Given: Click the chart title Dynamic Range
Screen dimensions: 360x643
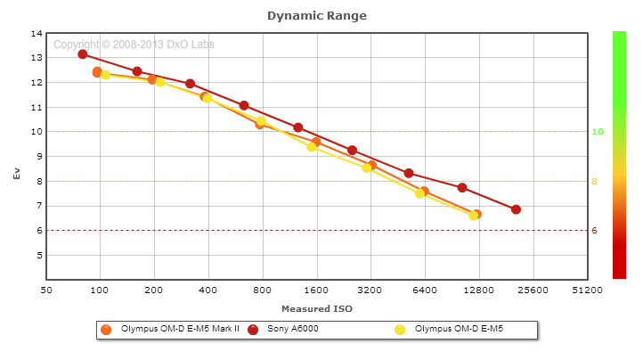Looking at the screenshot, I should (x=316, y=15).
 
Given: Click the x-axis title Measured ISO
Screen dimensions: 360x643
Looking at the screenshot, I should (x=316, y=308).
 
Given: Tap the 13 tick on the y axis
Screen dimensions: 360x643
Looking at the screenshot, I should (x=37, y=58).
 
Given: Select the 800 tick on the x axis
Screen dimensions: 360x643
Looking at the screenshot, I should (x=262, y=290).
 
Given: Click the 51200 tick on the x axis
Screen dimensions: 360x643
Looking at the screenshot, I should (x=587, y=290).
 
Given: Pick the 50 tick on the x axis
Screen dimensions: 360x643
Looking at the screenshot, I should (x=46, y=290).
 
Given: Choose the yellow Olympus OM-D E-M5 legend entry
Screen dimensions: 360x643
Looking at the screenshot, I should (x=459, y=330).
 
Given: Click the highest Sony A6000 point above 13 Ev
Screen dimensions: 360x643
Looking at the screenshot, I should (x=83, y=54).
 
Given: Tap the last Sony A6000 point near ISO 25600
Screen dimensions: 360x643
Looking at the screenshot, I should (x=516, y=209).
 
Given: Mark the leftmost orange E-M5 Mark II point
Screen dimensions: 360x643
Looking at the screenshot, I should (x=97, y=72).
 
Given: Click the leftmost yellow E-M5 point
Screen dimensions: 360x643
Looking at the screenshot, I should (x=105, y=75).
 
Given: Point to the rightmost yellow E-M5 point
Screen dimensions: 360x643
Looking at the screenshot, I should (x=474, y=215).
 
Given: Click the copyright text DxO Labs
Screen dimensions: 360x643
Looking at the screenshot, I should (x=134, y=45).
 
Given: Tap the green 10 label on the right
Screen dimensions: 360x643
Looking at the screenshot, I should (x=598, y=132).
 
